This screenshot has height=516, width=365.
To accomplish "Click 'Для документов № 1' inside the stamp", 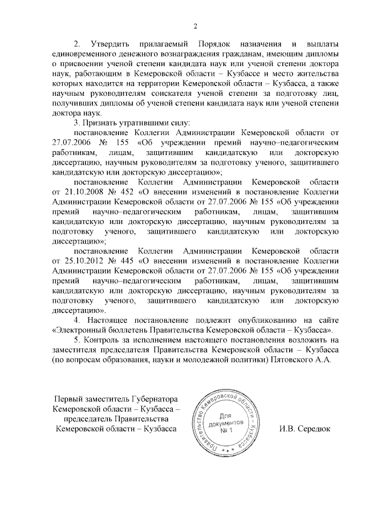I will [227, 423].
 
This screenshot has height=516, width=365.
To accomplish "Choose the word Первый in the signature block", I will [67, 398].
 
